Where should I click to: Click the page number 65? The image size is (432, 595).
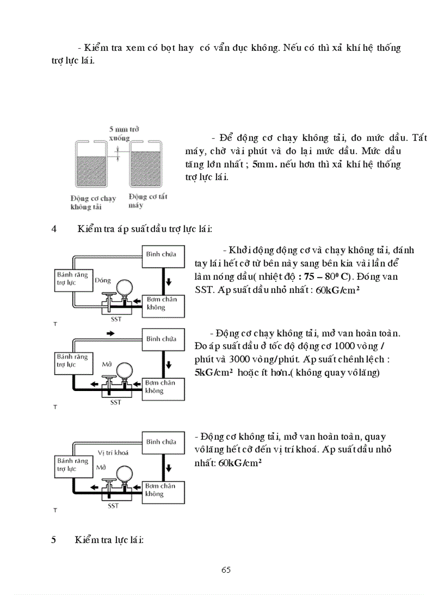(x=226, y=570)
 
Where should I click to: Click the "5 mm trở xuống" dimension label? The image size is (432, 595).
(x=120, y=133)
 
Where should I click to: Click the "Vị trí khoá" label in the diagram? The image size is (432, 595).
(x=113, y=452)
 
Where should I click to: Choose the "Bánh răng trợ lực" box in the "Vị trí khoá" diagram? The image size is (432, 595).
(x=73, y=465)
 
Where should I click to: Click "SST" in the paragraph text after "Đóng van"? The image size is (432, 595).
(x=204, y=290)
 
